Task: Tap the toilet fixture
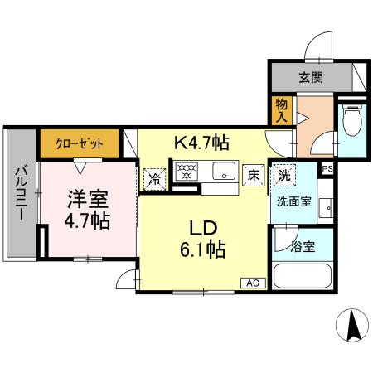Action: click(351, 124)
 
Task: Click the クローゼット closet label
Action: click(80, 143)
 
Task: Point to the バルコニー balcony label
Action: click(20, 196)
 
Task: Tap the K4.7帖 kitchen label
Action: click(201, 142)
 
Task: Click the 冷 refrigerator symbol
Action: click(154, 177)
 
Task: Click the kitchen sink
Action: click(223, 173)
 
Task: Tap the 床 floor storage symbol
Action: click(254, 175)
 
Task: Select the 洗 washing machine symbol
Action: click(284, 175)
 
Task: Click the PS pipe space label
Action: click(327, 168)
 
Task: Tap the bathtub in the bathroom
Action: click(303, 275)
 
